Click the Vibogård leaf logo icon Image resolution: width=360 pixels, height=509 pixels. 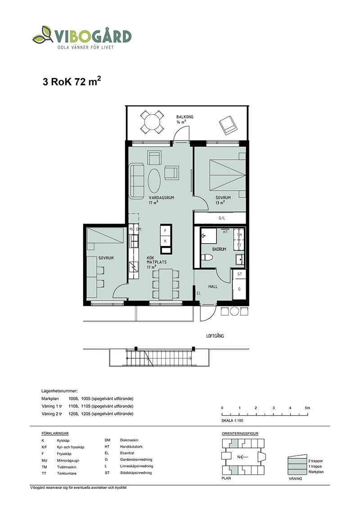[43, 35]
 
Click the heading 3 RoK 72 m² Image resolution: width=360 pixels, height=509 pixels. [72, 81]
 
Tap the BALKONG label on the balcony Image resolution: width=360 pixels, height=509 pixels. [184, 117]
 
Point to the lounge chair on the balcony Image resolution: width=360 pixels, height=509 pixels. [228, 125]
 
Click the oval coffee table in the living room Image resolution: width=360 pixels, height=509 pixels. [154, 181]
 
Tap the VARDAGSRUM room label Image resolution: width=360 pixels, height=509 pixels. [162, 197]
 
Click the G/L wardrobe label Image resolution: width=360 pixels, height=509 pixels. [221, 218]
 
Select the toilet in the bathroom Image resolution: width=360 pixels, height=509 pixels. [207, 257]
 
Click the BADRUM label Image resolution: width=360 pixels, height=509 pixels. [219, 249]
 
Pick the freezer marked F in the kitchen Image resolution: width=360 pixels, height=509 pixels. [165, 231]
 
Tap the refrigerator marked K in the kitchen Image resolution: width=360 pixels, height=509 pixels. [165, 241]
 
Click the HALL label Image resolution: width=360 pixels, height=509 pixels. [213, 286]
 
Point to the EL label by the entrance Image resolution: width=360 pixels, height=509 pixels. [198, 293]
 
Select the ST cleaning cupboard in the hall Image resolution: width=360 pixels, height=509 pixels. [239, 274]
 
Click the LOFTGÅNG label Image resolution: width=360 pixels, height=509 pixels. [215, 336]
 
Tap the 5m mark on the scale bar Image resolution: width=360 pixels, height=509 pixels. [307, 408]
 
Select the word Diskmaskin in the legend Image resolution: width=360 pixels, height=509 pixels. [129, 440]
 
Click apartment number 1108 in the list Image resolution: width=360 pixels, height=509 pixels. [73, 406]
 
